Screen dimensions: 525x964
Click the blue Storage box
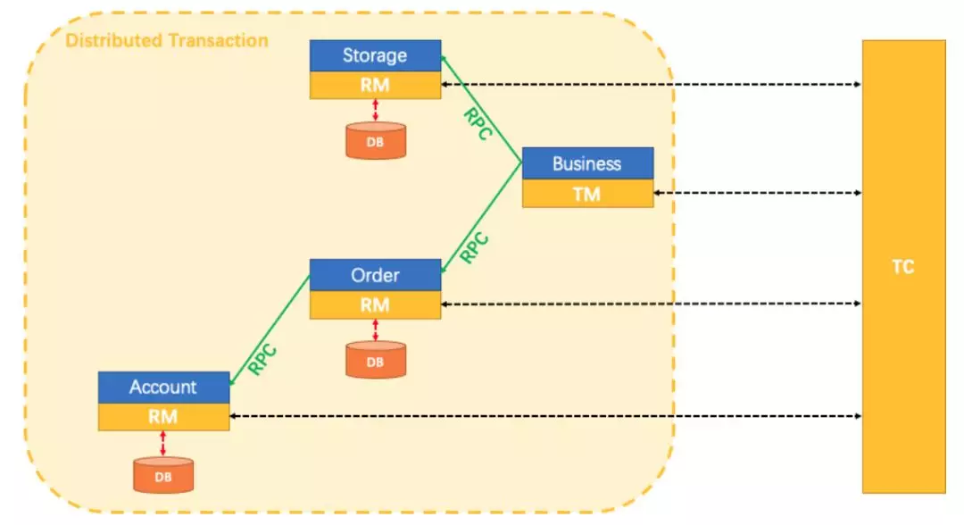tap(375, 55)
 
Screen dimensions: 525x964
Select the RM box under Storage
tap(375, 86)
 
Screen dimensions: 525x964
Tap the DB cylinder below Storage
tap(375, 141)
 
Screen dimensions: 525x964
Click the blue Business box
tap(587, 163)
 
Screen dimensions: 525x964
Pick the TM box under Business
tap(587, 194)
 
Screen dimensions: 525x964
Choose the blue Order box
tap(375, 275)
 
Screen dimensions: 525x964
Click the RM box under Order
tap(375, 304)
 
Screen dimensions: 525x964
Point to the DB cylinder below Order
tap(375, 361)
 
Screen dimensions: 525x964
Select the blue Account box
tap(163, 387)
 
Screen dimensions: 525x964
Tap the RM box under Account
tap(163, 417)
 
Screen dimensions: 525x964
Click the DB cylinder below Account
tap(163, 474)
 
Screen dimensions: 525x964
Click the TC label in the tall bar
tap(902, 267)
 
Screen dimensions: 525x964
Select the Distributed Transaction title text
tap(167, 40)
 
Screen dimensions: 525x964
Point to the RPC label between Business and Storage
tap(478, 123)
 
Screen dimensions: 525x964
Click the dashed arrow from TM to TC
tap(758, 193)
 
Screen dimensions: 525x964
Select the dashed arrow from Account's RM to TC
tap(544, 417)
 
